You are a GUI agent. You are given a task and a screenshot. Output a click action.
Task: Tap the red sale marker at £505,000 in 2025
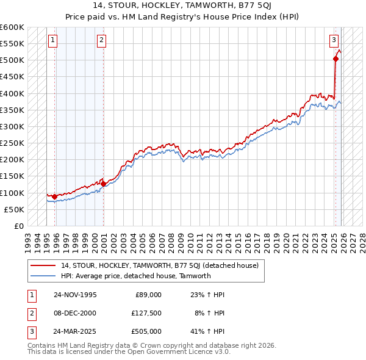click(335, 59)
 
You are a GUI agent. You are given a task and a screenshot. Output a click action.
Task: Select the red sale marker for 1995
click(55, 196)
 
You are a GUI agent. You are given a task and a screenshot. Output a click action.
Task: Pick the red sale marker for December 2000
click(103, 184)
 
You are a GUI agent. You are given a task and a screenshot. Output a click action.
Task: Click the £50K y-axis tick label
click(14, 209)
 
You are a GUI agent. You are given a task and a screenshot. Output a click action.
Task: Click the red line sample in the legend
click(43, 265)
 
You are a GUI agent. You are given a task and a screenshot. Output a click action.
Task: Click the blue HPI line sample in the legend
click(43, 276)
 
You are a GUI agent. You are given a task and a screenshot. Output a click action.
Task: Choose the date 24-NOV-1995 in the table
click(75, 295)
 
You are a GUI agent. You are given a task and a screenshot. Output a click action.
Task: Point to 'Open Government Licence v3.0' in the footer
click(177, 352)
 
